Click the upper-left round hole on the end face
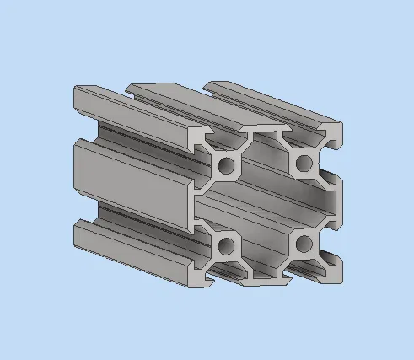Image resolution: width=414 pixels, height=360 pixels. [227, 166]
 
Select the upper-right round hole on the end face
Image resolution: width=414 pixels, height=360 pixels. [304, 162]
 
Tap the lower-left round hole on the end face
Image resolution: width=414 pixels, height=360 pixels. [227, 246]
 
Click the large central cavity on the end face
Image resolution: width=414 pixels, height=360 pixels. [266, 204]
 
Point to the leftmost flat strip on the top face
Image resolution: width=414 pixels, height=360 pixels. [135, 105]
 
